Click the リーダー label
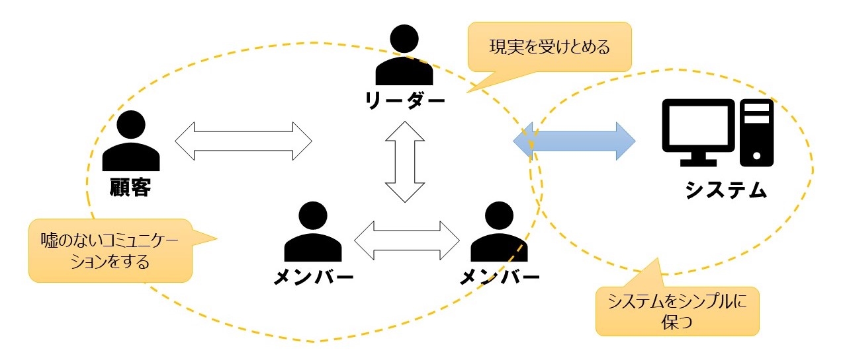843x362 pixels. tap(404, 100)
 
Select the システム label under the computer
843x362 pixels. tap(726, 190)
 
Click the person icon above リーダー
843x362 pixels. tap(404, 56)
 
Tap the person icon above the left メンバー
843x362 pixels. tap(313, 233)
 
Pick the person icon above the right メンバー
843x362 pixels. tap(500, 233)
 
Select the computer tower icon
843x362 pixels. tap(756, 132)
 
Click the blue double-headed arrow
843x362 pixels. tap(574, 141)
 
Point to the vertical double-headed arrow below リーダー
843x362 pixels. tap(404, 161)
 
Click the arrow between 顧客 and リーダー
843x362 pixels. tap(244, 141)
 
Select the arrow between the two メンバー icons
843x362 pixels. tap(406, 239)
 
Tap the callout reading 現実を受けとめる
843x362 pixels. tap(549, 48)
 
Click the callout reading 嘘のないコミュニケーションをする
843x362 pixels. tap(110, 249)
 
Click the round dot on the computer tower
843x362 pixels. tap(756, 156)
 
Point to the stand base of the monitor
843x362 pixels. tap(698, 163)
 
